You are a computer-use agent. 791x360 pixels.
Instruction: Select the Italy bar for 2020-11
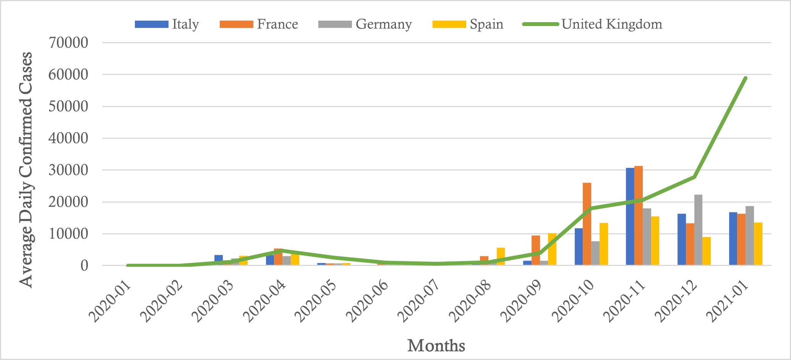coord(630,216)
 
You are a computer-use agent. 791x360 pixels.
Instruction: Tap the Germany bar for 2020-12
coord(698,230)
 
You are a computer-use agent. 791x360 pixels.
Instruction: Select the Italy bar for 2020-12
coord(682,239)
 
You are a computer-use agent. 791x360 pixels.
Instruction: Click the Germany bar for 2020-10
coord(595,253)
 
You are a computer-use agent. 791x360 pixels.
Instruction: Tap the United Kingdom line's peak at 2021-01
coord(745,78)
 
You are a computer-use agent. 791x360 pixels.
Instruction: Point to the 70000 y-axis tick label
coord(68,42)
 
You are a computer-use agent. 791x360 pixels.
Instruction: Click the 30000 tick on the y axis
coord(68,170)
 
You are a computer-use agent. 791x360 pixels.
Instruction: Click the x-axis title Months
coord(436,345)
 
